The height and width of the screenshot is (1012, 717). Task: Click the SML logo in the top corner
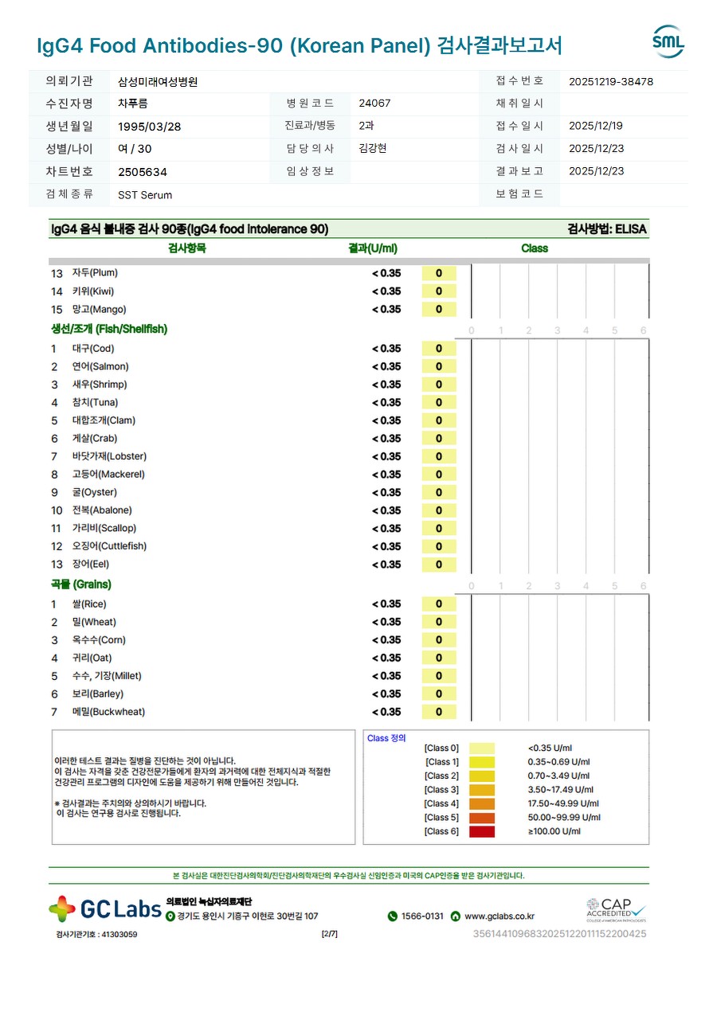click(668, 42)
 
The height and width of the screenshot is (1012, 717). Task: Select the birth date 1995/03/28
click(149, 127)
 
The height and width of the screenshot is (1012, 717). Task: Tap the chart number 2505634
click(143, 172)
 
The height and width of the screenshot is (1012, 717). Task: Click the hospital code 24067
click(374, 104)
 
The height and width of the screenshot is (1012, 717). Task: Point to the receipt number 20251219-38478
click(611, 81)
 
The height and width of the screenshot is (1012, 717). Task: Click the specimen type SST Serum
click(145, 195)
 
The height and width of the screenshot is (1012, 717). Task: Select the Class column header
click(535, 248)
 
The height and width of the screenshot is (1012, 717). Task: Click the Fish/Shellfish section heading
click(109, 329)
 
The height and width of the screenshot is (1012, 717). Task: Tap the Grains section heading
click(80, 584)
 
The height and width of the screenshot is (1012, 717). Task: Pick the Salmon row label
click(100, 367)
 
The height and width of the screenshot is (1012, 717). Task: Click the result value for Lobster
click(386, 457)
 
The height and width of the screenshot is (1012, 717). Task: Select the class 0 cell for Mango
click(439, 310)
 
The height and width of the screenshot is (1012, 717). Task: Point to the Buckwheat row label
click(108, 713)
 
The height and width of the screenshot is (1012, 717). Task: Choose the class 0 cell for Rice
click(439, 604)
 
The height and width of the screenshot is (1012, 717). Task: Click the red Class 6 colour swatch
click(481, 832)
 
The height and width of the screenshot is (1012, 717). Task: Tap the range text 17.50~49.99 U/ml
click(563, 804)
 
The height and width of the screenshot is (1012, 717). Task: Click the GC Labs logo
click(105, 909)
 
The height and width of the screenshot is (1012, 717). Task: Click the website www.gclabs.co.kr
click(500, 916)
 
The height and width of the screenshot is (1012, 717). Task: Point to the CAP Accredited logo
click(616, 908)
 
